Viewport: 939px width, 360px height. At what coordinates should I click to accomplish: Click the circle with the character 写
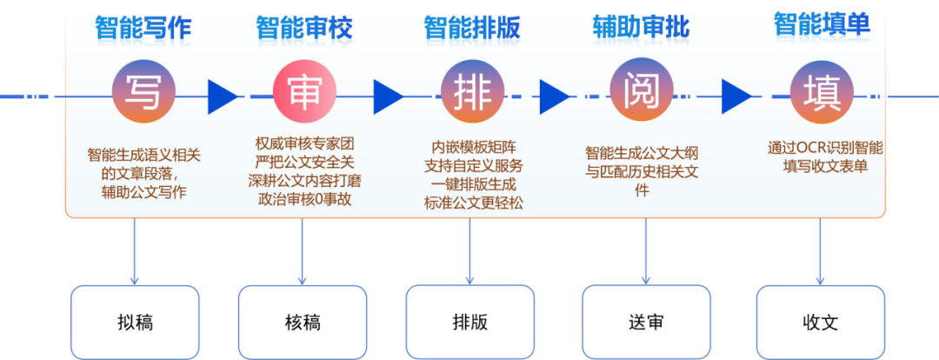143,91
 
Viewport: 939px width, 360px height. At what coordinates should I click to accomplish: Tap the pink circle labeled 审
304,91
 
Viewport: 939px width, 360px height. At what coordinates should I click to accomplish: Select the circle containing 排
473,91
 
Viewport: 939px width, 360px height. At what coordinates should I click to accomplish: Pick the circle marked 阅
642,91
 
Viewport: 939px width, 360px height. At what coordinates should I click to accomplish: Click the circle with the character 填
821,91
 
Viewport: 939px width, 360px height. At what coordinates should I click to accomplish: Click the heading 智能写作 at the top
143,29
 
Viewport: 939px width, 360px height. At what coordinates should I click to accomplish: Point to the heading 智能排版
472,29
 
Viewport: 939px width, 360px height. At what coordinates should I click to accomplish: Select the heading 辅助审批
641,29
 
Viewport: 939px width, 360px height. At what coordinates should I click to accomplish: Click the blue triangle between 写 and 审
220,97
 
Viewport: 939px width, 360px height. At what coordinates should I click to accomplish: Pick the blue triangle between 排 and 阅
553,97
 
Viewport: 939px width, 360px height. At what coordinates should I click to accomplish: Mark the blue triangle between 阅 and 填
735,97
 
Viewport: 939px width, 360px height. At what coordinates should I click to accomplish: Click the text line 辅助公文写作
143,192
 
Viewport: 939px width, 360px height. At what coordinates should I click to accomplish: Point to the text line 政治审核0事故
304,199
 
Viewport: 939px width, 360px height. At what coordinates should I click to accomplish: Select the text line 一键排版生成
473,184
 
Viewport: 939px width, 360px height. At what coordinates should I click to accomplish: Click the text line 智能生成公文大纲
642,154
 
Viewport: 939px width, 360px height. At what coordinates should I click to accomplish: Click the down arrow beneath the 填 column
820,252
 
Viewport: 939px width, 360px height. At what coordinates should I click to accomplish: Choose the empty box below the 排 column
469,321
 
